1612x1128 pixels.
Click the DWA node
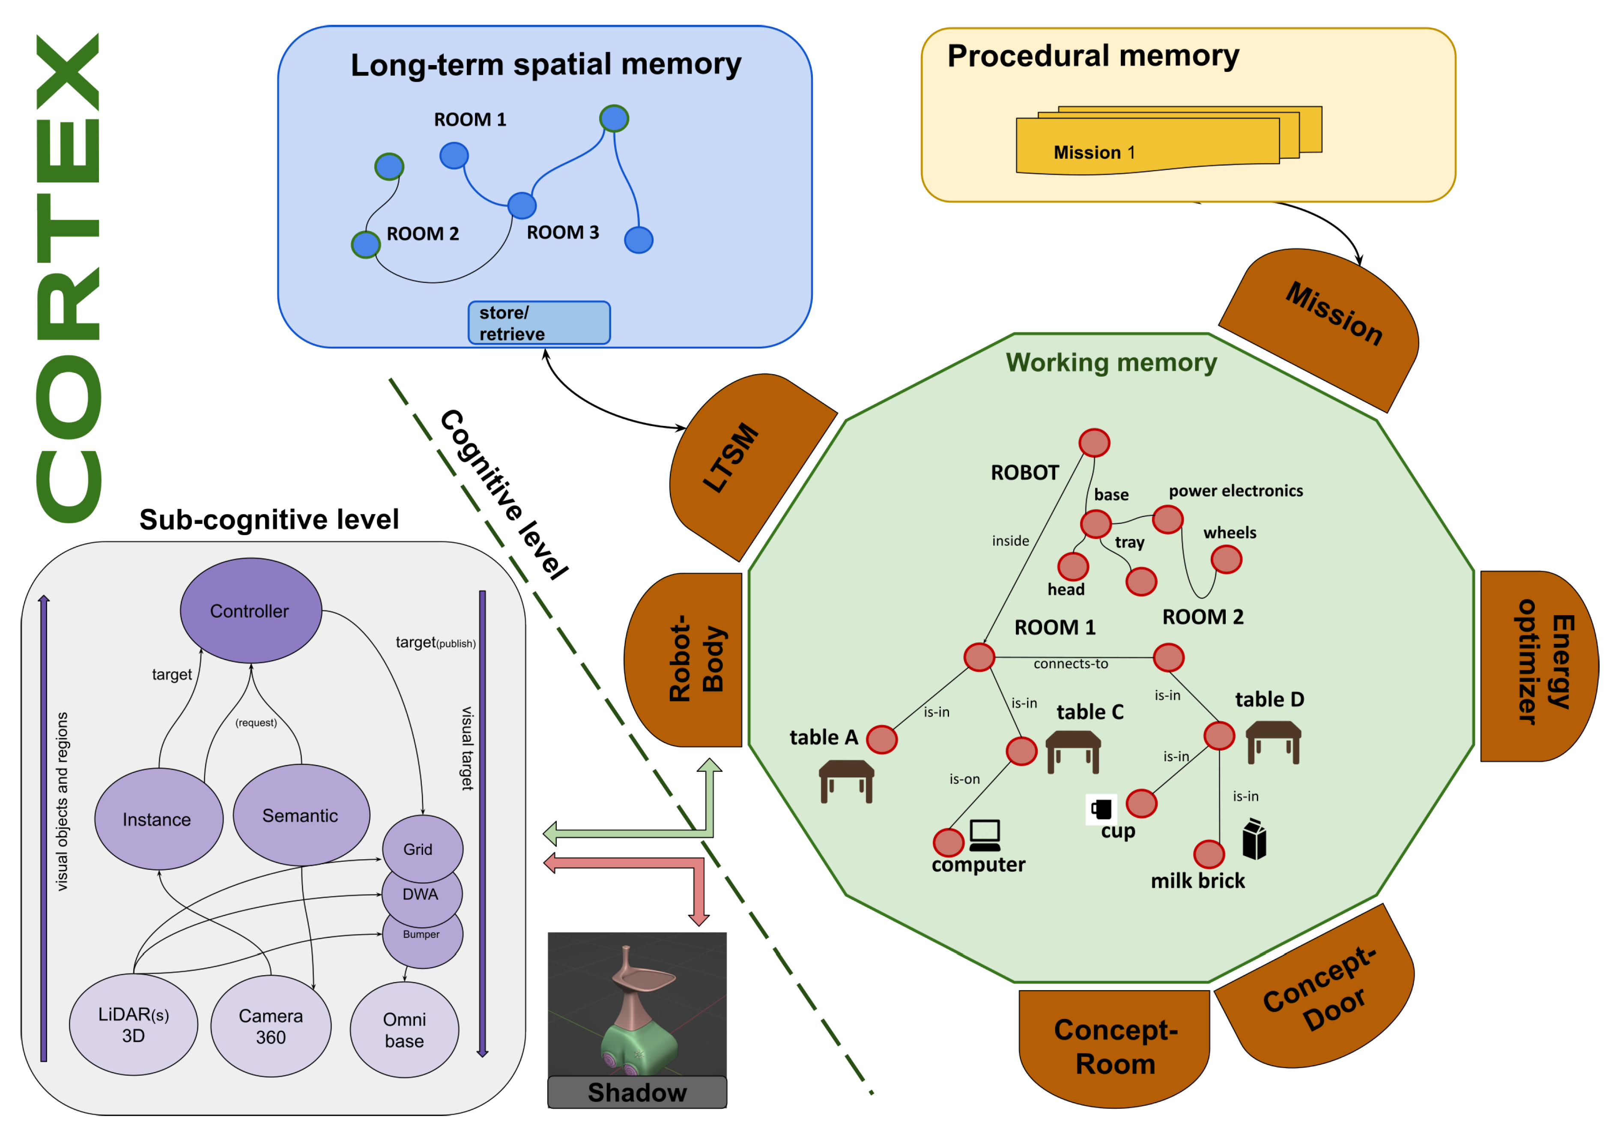pyautogui.click(x=421, y=894)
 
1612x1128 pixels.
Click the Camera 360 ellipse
pyautogui.click(x=271, y=1026)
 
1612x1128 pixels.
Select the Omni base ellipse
pyautogui.click(x=404, y=1029)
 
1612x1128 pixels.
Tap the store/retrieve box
pyautogui.click(x=539, y=323)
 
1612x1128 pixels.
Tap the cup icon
pyautogui.click(x=1102, y=809)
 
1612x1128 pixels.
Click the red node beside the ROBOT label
pyautogui.click(x=1094, y=443)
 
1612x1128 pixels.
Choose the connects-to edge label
pyautogui.click(x=1071, y=664)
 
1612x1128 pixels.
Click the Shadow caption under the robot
pyautogui.click(x=637, y=1092)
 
